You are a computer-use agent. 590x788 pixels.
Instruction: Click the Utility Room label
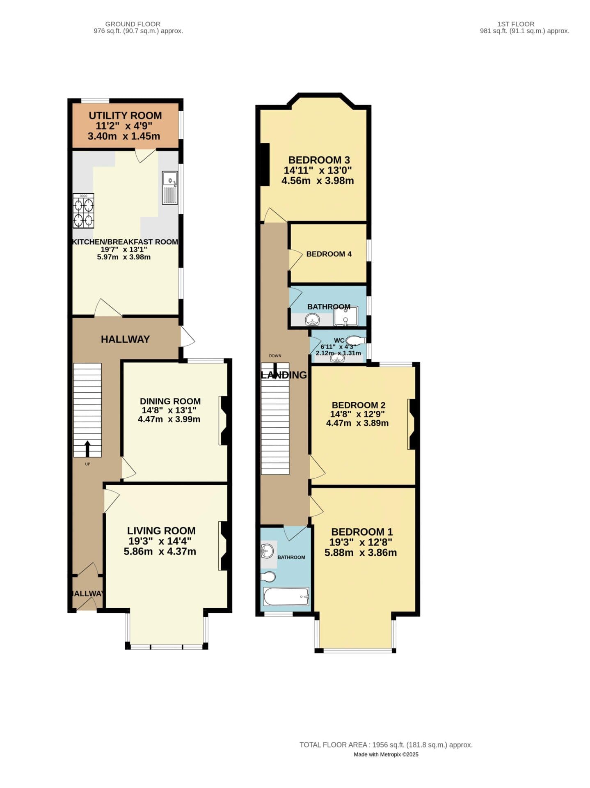[125, 115]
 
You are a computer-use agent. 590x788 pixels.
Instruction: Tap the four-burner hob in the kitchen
[83, 211]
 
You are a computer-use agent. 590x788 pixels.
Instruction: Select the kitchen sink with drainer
[170, 188]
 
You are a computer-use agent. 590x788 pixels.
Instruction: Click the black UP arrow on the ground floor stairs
[87, 449]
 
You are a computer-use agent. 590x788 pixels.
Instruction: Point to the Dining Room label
[170, 401]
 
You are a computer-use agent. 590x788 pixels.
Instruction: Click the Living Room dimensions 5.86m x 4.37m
[160, 552]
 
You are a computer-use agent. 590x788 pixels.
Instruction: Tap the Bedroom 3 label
[319, 160]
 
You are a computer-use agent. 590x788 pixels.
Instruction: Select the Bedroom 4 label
[329, 254]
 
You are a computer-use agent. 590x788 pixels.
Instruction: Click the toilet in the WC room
[355, 340]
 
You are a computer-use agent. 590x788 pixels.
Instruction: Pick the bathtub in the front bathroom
[286, 596]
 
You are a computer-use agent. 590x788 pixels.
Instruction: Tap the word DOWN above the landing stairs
[275, 356]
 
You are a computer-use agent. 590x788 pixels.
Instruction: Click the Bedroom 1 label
[362, 532]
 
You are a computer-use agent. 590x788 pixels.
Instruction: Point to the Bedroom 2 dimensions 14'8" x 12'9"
[357, 414]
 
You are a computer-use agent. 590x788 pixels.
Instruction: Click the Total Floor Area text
[386, 745]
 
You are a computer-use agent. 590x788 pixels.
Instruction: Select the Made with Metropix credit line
[386, 754]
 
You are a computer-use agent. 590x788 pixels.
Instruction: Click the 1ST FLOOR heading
[515, 24]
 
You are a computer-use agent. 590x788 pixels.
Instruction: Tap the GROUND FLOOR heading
[133, 24]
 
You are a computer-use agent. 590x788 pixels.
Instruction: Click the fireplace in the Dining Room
[224, 420]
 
